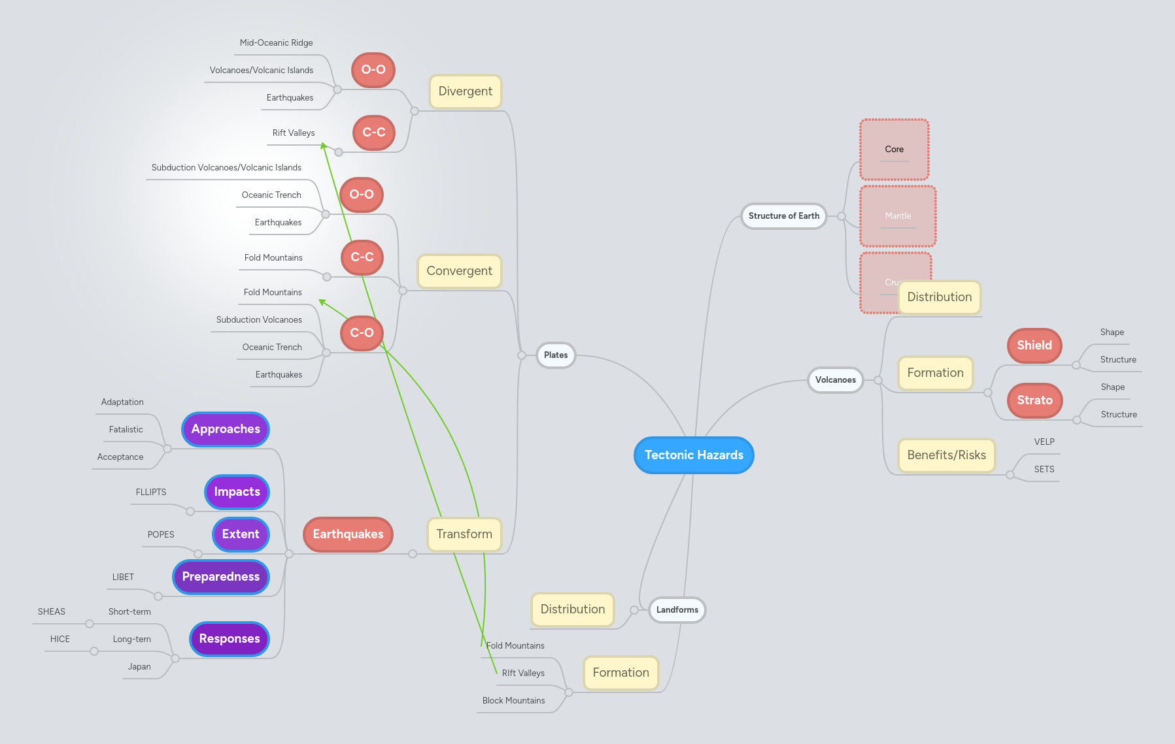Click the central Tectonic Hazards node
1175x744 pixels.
tap(694, 455)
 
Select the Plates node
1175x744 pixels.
tap(556, 355)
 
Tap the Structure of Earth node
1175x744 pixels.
tap(783, 216)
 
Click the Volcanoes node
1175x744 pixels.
tap(835, 380)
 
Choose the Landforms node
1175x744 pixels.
tap(677, 610)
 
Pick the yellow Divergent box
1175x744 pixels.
tap(465, 91)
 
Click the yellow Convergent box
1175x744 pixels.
tap(459, 271)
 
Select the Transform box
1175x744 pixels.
tap(464, 534)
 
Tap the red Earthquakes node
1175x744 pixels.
tap(348, 534)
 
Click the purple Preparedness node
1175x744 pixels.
tap(221, 577)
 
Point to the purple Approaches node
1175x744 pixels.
tap(226, 429)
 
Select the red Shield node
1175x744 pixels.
tap(1034, 346)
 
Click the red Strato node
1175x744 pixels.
tap(1034, 400)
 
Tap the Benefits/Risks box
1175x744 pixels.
tap(946, 455)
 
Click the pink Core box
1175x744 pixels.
tap(894, 150)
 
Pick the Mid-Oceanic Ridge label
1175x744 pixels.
tap(276, 43)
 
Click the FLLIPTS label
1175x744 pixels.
tap(151, 493)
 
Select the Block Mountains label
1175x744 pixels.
tap(513, 701)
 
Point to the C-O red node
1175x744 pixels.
tap(362, 333)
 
